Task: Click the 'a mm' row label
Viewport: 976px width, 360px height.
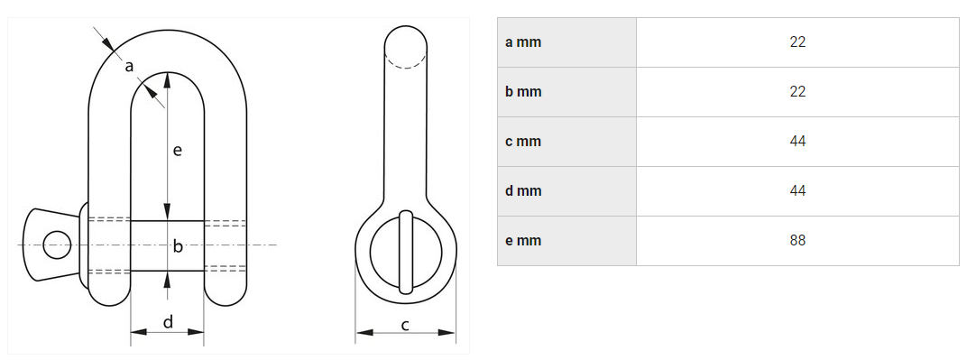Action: point(523,42)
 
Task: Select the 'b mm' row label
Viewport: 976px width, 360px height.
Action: point(523,91)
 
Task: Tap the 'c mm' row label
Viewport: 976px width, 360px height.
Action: point(523,142)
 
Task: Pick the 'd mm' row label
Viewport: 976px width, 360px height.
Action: point(523,190)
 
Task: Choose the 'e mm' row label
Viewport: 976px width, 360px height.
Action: point(523,240)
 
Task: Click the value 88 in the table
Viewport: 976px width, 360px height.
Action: point(797,240)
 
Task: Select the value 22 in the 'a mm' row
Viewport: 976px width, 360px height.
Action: point(797,42)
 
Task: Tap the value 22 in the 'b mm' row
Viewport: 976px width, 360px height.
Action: point(797,91)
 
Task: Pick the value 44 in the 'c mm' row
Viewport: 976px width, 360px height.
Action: point(797,142)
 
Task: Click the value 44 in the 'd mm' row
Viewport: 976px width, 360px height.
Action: point(797,190)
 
